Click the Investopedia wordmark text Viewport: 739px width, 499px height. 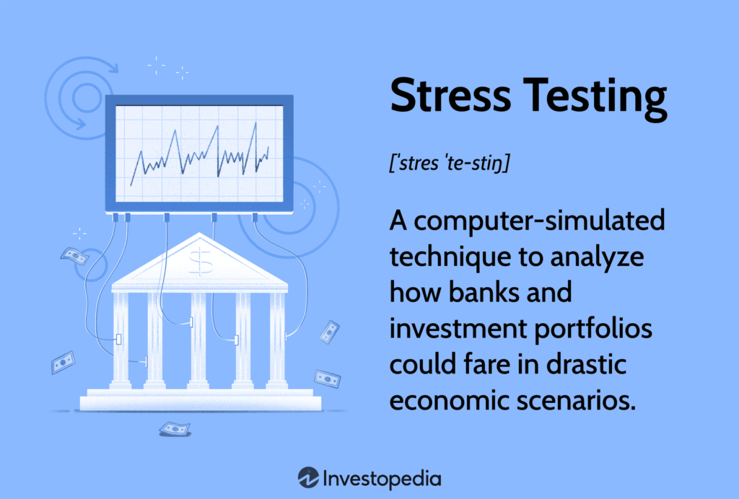382,477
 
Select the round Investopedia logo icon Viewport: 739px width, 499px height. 308,477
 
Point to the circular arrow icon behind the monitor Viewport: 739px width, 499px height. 76,94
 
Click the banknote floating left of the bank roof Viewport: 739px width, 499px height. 75,255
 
